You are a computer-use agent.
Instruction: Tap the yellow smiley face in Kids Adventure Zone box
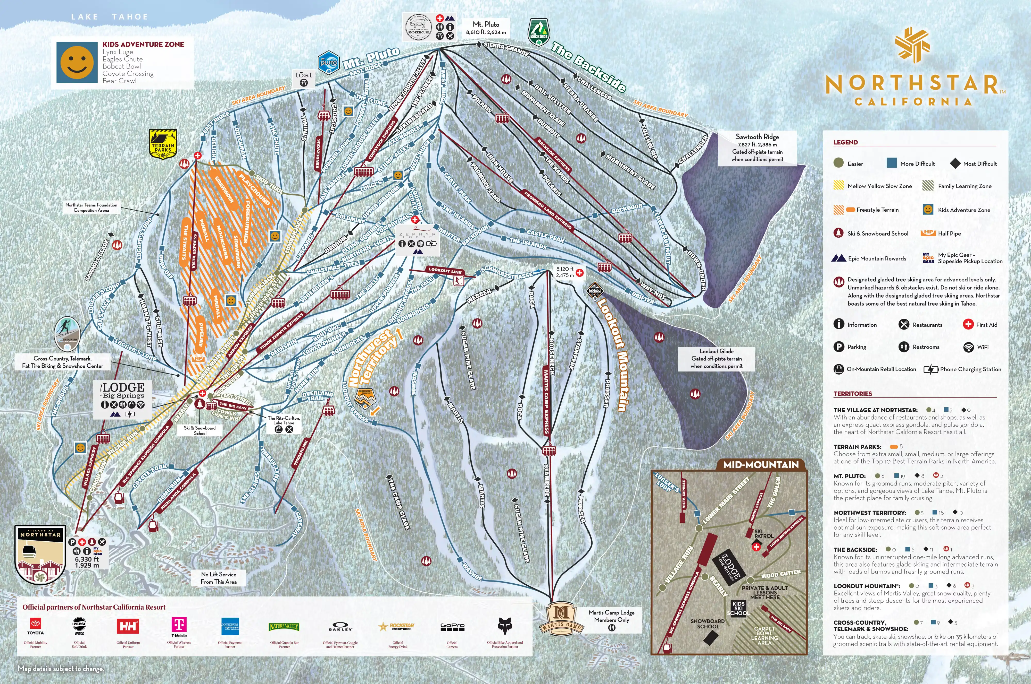coord(77,62)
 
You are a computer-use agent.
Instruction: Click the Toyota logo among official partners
coord(35,625)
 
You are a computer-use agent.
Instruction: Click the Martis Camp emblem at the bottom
coord(562,618)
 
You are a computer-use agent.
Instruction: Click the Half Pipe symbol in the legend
coord(928,233)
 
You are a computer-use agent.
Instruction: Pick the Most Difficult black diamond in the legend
coord(955,163)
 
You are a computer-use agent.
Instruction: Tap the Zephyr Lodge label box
coord(417,239)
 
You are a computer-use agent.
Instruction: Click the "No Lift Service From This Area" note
coord(219,578)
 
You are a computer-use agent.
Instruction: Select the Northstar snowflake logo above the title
coord(912,45)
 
